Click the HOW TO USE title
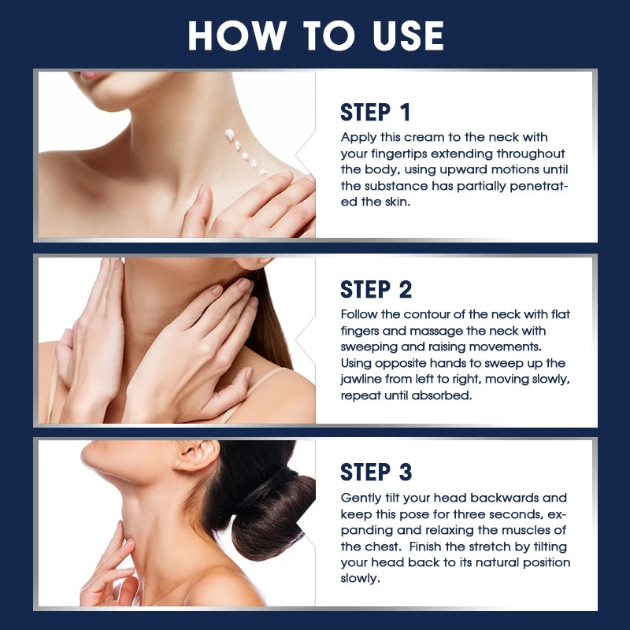coord(316,35)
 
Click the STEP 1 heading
coord(376,112)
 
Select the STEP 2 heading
coord(376,290)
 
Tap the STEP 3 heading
coord(376,472)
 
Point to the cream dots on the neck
coord(245,152)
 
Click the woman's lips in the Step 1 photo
coord(91,75)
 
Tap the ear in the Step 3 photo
coord(197,455)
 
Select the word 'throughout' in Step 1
coord(530,154)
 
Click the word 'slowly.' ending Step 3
coord(360,579)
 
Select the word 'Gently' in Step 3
coord(360,498)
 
